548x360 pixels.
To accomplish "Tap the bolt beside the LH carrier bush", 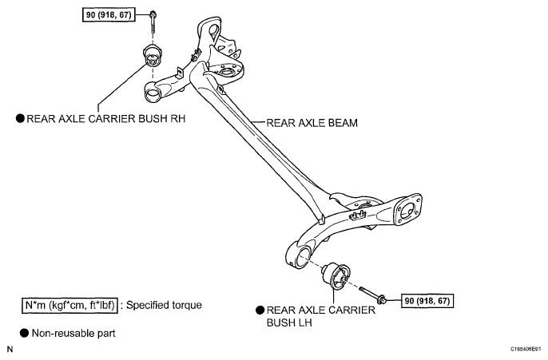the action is point(373,294).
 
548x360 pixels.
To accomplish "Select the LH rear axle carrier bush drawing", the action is point(336,276).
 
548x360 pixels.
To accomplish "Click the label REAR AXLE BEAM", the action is point(312,123).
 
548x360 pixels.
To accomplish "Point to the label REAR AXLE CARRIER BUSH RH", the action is point(106,119).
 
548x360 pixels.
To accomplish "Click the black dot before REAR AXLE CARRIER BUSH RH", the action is point(21,118).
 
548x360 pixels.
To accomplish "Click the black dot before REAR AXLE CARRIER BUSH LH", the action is point(260,310).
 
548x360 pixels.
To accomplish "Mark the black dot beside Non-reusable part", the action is point(24,333).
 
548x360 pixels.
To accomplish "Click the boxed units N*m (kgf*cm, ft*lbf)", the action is point(69,306).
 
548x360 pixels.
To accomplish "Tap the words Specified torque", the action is point(164,305).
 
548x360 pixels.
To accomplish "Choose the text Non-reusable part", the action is point(73,333).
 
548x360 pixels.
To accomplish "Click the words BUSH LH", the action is point(289,322).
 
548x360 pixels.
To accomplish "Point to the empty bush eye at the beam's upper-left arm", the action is point(153,93).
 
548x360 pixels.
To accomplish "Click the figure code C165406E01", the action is point(526,349).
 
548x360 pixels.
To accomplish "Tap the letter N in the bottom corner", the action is point(10,349).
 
